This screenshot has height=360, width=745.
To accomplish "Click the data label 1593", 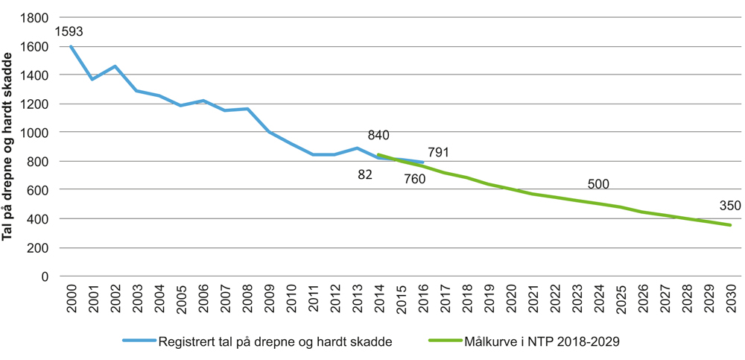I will [x=69, y=32].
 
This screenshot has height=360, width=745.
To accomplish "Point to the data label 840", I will [x=378, y=135].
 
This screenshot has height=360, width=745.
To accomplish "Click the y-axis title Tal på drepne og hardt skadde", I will [x=10, y=145].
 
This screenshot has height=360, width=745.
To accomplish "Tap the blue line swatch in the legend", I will [x=140, y=342].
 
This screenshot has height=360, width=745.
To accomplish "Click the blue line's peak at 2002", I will [x=115, y=66].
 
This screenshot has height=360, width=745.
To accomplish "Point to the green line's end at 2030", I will [x=730, y=225].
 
